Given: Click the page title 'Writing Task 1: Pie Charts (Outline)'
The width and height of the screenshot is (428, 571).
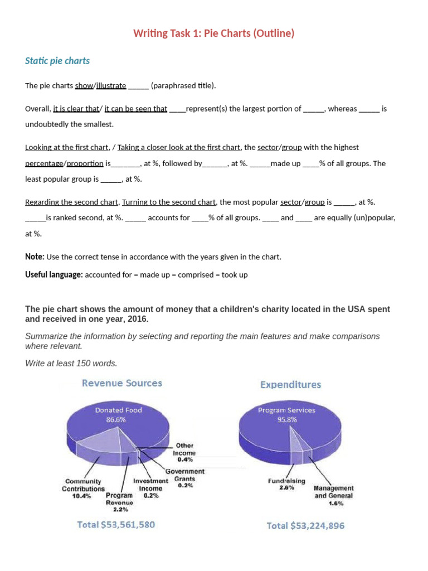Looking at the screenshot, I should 213,33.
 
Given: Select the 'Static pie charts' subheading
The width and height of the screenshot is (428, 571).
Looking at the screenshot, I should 57,61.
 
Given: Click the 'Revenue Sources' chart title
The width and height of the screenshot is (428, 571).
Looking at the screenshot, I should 122,383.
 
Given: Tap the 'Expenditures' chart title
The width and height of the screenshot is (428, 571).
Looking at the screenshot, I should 290,385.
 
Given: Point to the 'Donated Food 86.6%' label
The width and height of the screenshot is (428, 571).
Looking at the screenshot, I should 118,415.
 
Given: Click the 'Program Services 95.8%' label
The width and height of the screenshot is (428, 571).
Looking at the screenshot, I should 286,415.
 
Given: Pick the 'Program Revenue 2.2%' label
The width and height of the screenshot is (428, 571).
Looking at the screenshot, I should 120,502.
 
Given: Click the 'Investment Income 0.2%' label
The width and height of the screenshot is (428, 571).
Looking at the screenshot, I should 150,488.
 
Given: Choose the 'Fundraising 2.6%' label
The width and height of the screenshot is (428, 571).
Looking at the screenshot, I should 286,484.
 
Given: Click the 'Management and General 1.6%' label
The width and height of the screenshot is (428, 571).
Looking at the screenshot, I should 334,495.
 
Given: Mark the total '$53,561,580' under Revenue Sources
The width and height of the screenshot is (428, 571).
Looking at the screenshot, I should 116,525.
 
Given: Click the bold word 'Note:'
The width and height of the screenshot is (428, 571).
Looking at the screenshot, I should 35,257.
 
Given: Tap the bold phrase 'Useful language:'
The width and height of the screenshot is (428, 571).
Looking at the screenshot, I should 54,275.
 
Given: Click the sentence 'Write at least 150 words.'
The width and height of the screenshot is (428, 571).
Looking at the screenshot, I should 71,363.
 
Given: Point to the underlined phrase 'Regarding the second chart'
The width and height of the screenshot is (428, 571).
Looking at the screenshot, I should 71,202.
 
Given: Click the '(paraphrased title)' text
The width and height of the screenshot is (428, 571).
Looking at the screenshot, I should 183,85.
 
